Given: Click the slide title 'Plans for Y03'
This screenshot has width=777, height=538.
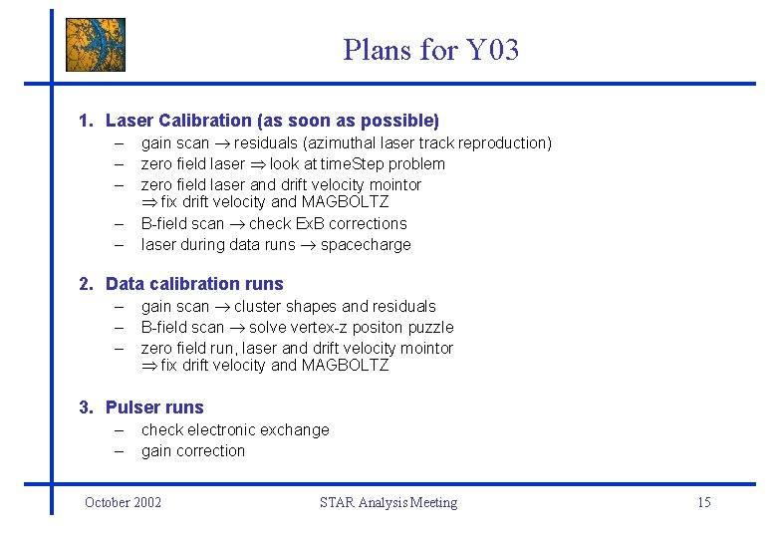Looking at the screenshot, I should [x=430, y=49].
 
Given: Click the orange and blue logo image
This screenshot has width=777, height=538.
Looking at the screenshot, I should [x=96, y=45].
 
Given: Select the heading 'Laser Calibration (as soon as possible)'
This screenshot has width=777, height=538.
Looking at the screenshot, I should [x=271, y=121].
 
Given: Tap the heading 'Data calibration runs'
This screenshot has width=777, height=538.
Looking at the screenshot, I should [x=194, y=284].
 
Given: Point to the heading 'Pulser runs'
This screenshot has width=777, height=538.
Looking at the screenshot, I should [x=154, y=407].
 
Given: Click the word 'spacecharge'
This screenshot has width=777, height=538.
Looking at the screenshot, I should [x=366, y=244].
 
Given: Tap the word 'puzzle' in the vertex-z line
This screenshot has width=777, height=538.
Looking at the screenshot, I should [x=430, y=328].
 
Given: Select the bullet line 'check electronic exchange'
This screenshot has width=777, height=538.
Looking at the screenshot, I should [x=235, y=430].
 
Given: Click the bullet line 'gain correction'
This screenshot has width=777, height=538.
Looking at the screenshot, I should [x=193, y=451].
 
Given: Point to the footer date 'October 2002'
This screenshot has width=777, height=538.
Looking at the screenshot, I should [x=123, y=502].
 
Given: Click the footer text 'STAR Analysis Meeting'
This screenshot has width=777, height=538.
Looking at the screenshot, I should [x=388, y=502].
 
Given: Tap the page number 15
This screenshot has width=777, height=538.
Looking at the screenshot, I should [x=703, y=502].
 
